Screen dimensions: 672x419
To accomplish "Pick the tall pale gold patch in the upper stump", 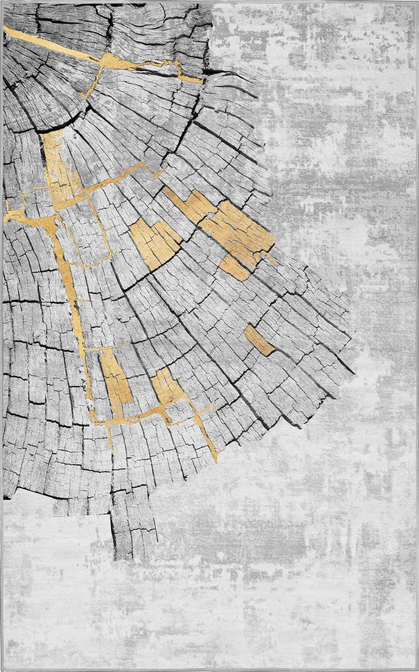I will click(x=60, y=167).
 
